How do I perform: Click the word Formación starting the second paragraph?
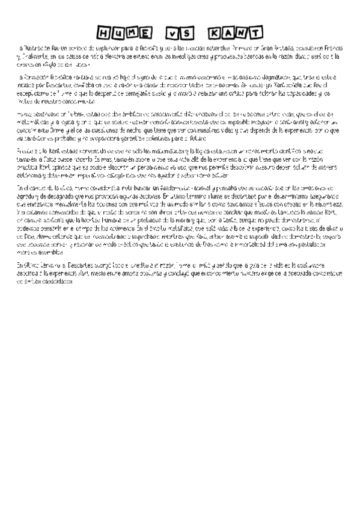pos(35,77)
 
